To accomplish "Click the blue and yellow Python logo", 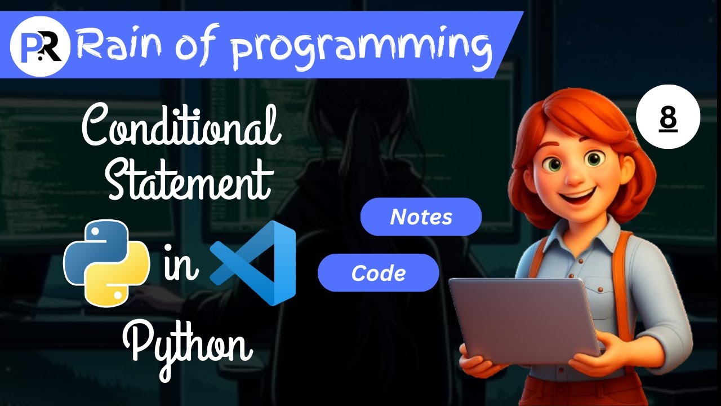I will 106,263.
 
